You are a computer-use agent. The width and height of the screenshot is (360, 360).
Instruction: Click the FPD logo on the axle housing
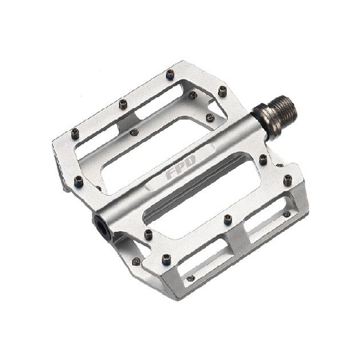(x=181, y=167)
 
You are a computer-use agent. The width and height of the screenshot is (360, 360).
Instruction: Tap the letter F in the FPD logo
(x=171, y=174)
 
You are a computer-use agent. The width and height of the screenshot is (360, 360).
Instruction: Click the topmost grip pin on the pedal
(x=170, y=74)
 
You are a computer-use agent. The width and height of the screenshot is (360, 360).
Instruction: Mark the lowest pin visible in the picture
(x=191, y=278)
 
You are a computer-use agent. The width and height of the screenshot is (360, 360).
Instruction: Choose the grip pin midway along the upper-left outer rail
(x=123, y=104)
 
